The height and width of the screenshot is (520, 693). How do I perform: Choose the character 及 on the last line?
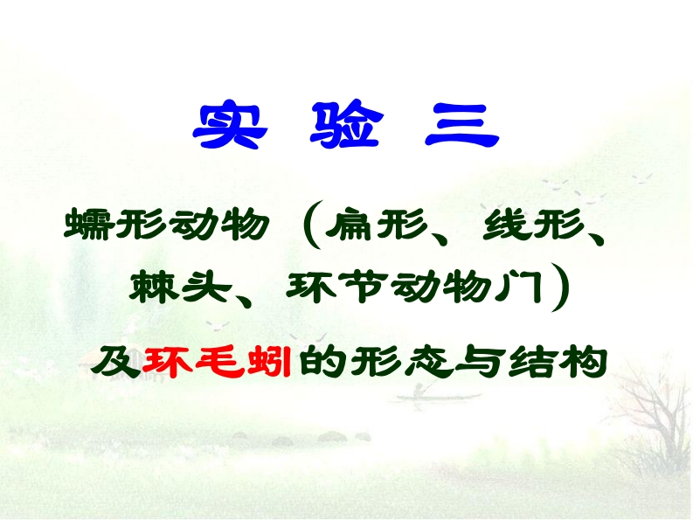pos(115,359)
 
